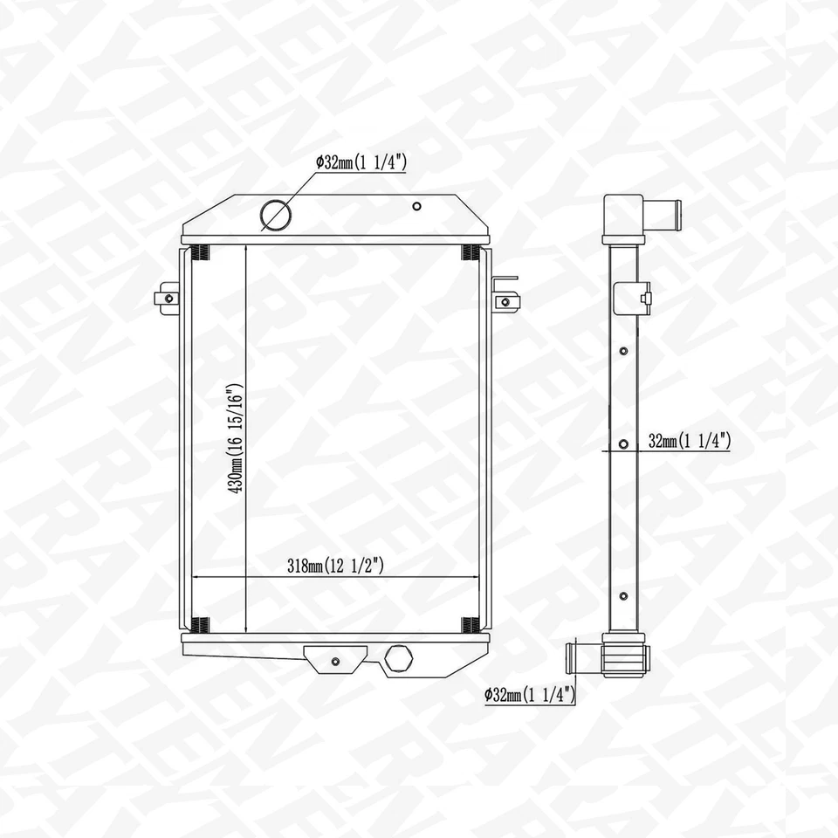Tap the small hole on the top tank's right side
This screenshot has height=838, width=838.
(x=417, y=207)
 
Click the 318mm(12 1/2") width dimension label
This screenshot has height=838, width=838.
(x=336, y=566)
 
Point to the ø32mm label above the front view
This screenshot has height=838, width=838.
(x=361, y=161)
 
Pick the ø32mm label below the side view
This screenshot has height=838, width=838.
(x=530, y=695)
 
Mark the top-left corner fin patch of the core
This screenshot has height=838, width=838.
(x=199, y=253)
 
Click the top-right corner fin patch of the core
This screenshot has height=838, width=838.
(x=471, y=253)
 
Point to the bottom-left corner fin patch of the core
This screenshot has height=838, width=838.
(x=199, y=625)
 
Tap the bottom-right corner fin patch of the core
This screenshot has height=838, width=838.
(x=471, y=625)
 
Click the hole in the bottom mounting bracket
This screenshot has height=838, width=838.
(x=335, y=660)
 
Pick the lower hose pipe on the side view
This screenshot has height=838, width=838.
(x=583, y=656)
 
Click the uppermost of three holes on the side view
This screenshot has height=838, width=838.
(x=622, y=351)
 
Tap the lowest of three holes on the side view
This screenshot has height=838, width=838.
(x=622, y=596)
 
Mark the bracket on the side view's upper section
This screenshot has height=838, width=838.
(x=631, y=299)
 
